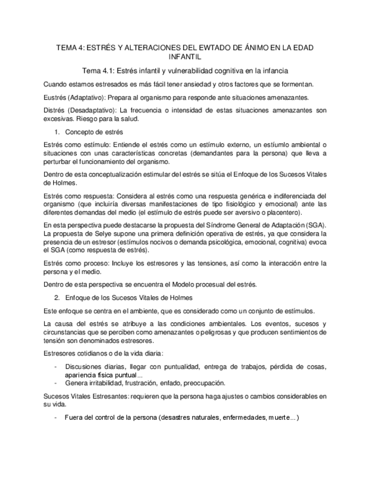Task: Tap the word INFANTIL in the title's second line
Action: pos(185,58)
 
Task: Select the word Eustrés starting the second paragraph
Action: pos(56,97)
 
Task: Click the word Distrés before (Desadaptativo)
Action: pos(55,110)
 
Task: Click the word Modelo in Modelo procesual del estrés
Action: pos(202,285)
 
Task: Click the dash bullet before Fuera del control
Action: pos(55,417)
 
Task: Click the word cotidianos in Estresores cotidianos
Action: pos(93,354)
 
